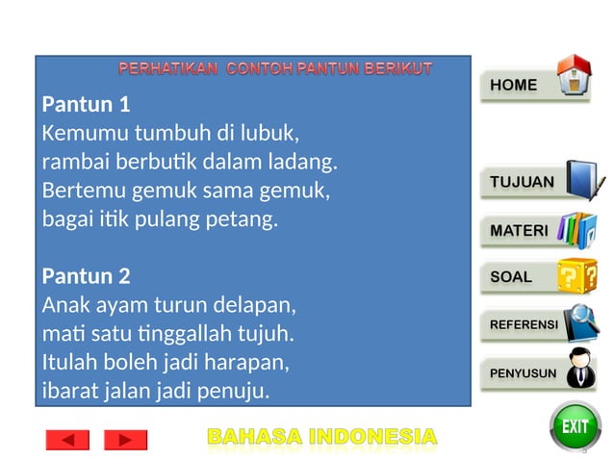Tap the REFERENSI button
[x=524, y=325]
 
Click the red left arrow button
[x=67, y=440]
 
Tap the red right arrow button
[x=125, y=440]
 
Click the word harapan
[x=251, y=364]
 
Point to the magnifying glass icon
[x=581, y=319]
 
